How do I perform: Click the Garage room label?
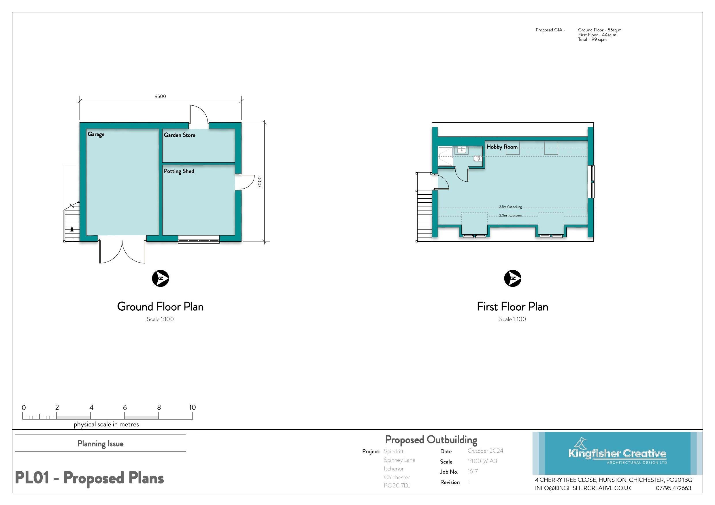[x=96, y=134]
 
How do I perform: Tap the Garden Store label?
[x=179, y=135]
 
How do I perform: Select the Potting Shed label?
[x=179, y=171]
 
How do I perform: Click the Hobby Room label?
[x=502, y=147]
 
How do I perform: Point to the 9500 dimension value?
[x=160, y=96]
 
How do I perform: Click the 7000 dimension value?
[x=260, y=182]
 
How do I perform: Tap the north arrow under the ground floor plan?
[x=160, y=278]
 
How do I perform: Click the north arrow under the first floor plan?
[x=512, y=278]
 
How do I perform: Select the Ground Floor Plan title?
[x=160, y=307]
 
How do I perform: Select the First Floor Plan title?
[x=512, y=307]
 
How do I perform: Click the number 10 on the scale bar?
[x=192, y=407]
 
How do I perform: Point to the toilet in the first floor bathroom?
[x=477, y=159]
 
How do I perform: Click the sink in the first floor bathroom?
[x=461, y=150]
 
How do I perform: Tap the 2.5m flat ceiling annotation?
[x=510, y=207]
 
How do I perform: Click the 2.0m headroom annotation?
[x=510, y=215]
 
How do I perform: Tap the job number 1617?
[x=472, y=471]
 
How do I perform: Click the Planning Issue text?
[x=100, y=444]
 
